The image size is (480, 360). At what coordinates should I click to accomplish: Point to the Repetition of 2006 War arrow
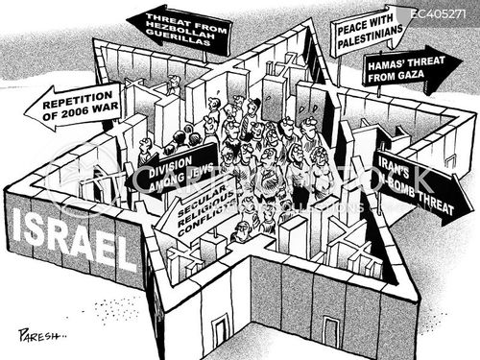(x=73, y=106)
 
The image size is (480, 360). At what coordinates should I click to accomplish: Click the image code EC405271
(x=443, y=12)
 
